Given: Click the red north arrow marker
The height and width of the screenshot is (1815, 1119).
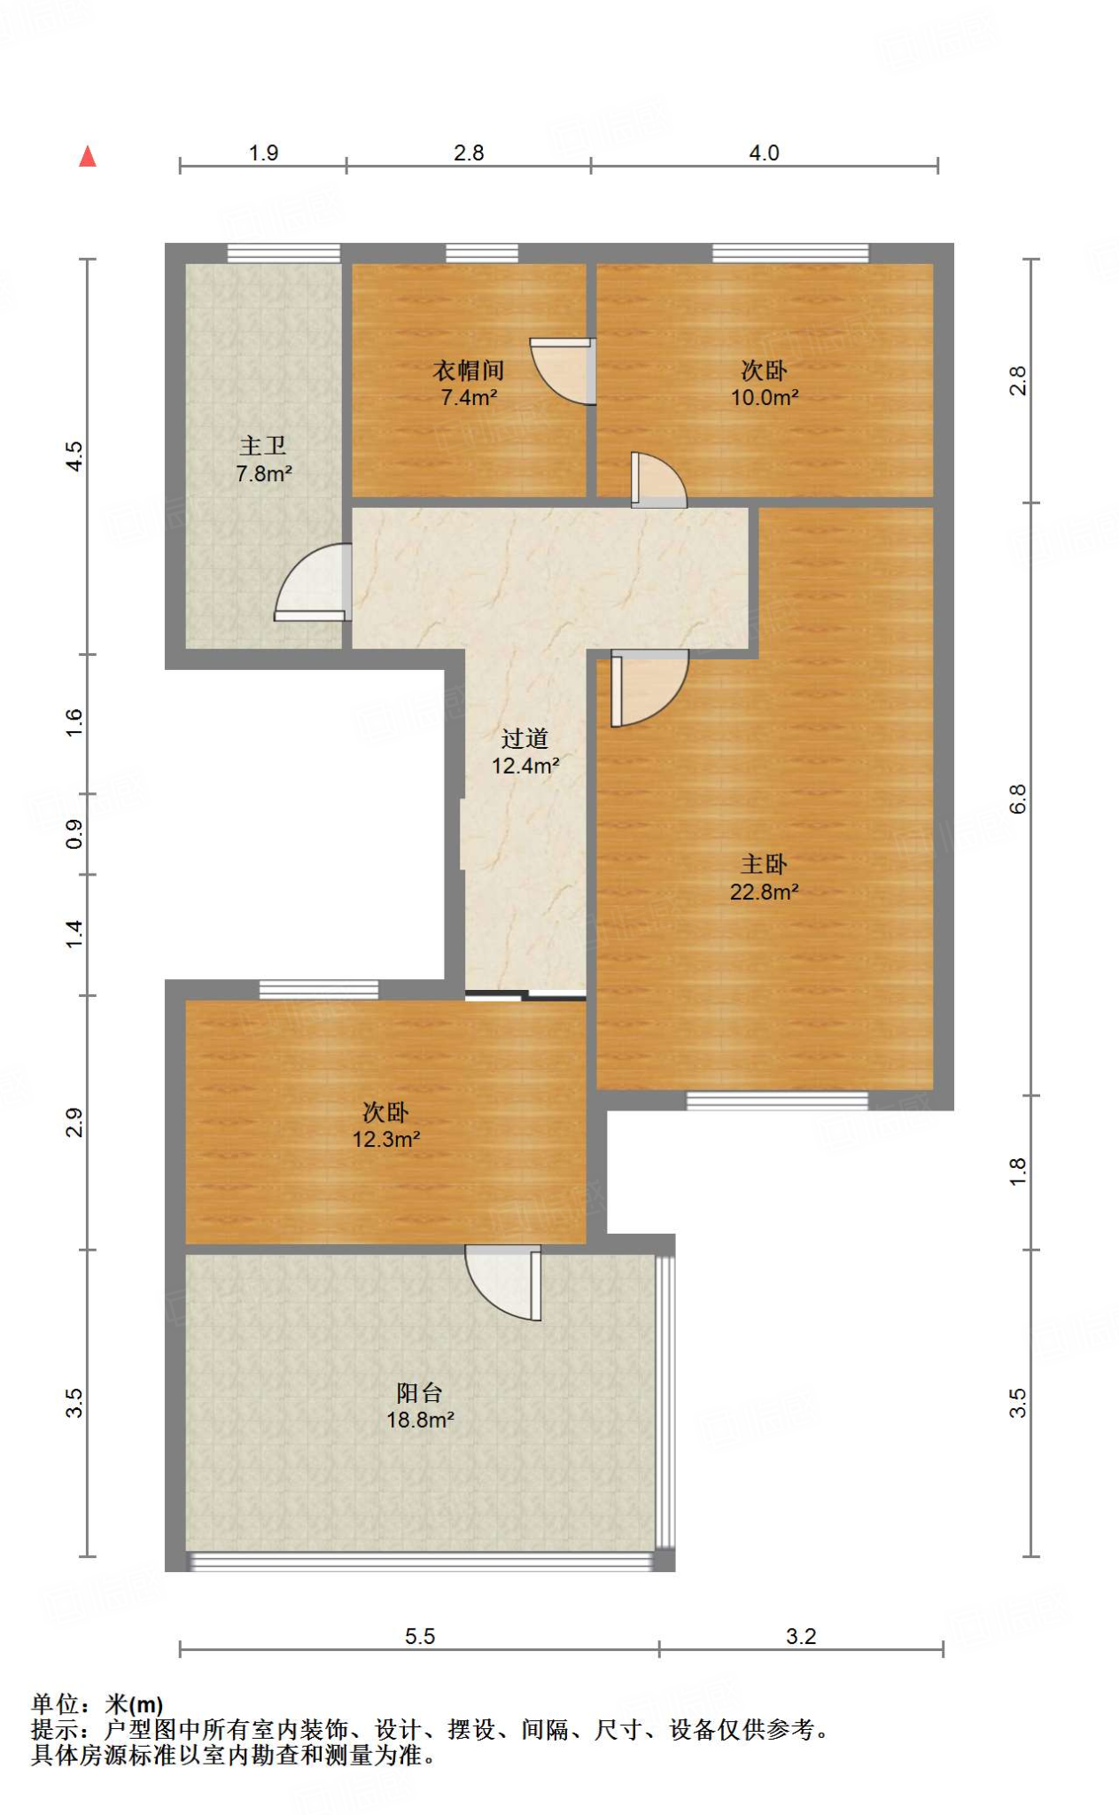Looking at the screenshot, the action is [87, 157].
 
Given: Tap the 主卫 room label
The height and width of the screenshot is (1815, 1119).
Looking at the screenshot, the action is [263, 446].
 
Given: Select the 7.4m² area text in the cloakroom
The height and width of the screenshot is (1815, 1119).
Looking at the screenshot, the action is [469, 398].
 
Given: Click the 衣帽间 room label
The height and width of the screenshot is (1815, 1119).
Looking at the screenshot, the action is [469, 370].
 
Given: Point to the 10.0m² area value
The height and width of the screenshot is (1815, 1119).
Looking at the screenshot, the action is [765, 398].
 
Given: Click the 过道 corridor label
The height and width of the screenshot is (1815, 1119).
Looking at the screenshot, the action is [525, 738].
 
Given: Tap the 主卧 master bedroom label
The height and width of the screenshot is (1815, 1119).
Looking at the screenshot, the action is [764, 864].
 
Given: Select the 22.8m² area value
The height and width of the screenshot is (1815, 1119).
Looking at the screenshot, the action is [764, 892].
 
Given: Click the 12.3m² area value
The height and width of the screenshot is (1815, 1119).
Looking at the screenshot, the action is [386, 1140].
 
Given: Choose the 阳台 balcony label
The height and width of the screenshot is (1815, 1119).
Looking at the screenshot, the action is [420, 1392].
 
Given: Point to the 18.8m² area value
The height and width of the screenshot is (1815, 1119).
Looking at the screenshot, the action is [420, 1421].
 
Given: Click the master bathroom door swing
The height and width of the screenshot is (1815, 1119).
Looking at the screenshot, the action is [310, 581].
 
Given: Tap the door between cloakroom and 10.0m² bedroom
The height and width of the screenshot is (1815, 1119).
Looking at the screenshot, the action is [563, 370].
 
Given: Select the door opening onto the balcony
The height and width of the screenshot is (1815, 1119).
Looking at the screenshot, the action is [503, 1282].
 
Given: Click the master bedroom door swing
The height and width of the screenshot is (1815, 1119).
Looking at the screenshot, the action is [649, 688].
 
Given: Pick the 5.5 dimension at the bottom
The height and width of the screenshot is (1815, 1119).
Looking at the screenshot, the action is [420, 1636].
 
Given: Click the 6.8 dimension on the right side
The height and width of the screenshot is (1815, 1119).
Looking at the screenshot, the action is [1018, 798].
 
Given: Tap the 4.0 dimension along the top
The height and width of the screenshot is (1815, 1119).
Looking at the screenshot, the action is [764, 152].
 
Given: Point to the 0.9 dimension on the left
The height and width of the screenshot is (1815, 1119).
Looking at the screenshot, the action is [74, 834].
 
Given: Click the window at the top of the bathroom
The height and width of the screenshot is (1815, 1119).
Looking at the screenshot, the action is [284, 253].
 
